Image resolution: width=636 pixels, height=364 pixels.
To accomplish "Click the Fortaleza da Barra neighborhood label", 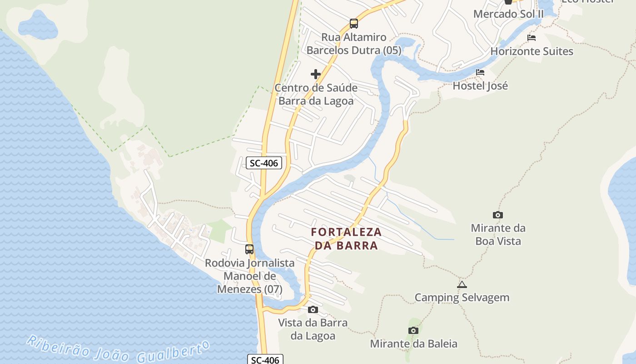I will click(x=346, y=238).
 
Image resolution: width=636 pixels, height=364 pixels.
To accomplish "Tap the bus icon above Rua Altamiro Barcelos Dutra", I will click(x=353, y=24).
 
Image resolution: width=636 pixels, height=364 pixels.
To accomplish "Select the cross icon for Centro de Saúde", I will click(x=316, y=74).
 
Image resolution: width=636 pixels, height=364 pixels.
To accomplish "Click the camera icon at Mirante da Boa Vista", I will click(x=498, y=215).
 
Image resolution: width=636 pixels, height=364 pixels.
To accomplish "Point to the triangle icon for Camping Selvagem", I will click(x=462, y=285).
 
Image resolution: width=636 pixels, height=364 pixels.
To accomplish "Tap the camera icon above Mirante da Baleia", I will click(x=413, y=331).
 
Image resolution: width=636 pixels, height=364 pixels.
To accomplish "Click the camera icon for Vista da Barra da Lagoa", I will click(x=313, y=310).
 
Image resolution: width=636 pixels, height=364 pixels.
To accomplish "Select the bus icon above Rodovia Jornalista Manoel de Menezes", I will click(x=249, y=249).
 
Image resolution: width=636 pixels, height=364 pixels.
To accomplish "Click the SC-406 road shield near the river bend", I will click(x=264, y=163).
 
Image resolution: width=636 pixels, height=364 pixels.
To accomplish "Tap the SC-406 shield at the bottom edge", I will click(x=266, y=360).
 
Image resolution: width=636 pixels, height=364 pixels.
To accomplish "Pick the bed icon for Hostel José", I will click(x=480, y=72).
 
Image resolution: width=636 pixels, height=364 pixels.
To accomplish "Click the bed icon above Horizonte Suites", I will click(x=532, y=38).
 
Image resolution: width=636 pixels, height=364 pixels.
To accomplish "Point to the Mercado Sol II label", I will click(x=508, y=14).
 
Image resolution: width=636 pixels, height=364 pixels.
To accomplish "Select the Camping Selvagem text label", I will click(x=462, y=298).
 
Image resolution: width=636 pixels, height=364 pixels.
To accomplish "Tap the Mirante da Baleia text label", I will click(x=413, y=344).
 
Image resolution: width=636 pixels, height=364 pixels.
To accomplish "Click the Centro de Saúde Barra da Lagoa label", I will click(x=316, y=94).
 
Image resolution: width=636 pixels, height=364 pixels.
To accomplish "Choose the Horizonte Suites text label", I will click(x=532, y=51).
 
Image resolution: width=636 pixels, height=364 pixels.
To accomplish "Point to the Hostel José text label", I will click(x=480, y=86).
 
